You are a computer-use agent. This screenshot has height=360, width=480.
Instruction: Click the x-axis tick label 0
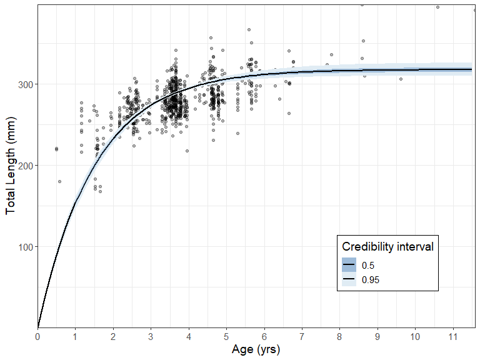click(x=37, y=337)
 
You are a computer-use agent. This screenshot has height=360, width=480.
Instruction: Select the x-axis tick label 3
click(x=151, y=337)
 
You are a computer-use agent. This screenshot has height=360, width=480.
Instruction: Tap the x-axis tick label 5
click(x=226, y=337)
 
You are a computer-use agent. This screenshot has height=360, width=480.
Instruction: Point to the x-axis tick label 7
click(x=302, y=337)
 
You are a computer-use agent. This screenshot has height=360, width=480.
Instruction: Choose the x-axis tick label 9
click(x=377, y=337)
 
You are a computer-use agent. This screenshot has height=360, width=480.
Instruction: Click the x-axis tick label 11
click(x=453, y=337)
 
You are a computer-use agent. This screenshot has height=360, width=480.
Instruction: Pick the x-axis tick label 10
click(x=416, y=337)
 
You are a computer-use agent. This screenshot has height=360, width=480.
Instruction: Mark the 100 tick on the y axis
click(x=24, y=247)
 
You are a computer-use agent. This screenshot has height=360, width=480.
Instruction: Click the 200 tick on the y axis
click(x=24, y=166)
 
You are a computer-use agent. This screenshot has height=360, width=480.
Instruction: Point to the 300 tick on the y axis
click(x=24, y=84)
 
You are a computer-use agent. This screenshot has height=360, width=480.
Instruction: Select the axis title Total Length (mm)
click(x=11, y=166)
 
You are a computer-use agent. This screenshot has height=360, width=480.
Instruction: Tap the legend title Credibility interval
click(x=387, y=246)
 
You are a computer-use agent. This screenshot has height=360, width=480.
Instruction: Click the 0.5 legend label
click(x=368, y=265)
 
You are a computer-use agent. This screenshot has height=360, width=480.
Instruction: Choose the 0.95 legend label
click(x=371, y=279)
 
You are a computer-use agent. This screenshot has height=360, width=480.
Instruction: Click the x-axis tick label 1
click(x=76, y=337)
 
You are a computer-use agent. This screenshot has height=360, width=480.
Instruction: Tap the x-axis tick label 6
click(x=264, y=337)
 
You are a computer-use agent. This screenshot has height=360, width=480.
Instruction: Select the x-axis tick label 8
click(x=340, y=337)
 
